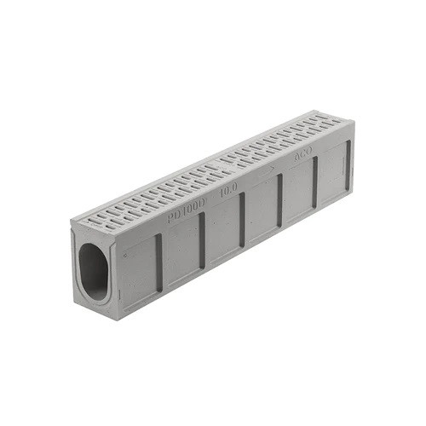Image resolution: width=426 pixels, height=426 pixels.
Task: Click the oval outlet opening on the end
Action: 95,271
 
